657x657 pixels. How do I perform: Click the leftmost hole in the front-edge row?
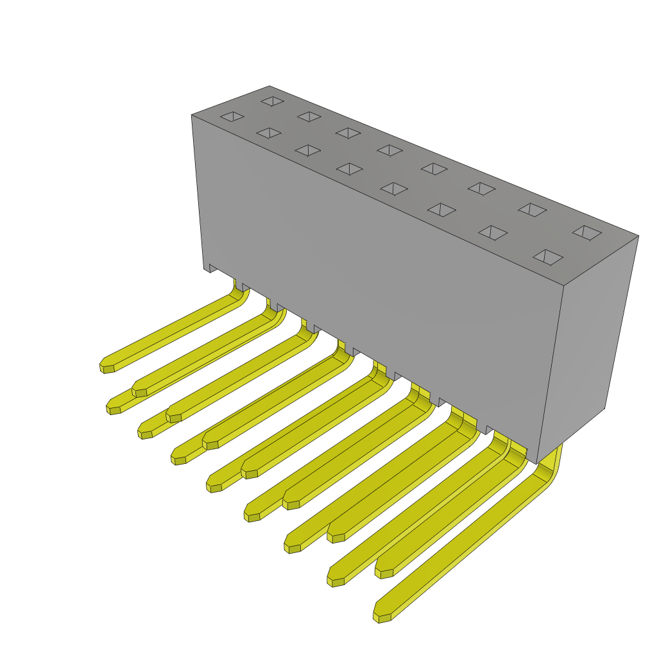(232, 116)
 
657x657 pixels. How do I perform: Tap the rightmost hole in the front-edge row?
(548, 257)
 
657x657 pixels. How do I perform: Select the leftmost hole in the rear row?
(273, 101)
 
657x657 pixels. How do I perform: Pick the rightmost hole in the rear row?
(587, 232)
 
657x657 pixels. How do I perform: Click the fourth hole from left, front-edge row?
(350, 169)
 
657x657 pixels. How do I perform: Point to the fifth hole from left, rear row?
(434, 169)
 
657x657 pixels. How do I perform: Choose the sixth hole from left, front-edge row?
(441, 210)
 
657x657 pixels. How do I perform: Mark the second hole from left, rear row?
(309, 117)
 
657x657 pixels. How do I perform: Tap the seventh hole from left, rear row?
(533, 210)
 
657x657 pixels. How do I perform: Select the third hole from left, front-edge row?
(308, 150)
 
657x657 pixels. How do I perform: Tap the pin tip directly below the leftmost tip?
(114, 409)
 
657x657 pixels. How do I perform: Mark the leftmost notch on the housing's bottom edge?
(214, 268)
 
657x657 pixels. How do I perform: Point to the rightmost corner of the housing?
(638, 236)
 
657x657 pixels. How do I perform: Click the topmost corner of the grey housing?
(269, 86)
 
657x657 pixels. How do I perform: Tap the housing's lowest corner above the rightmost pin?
(536, 463)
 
